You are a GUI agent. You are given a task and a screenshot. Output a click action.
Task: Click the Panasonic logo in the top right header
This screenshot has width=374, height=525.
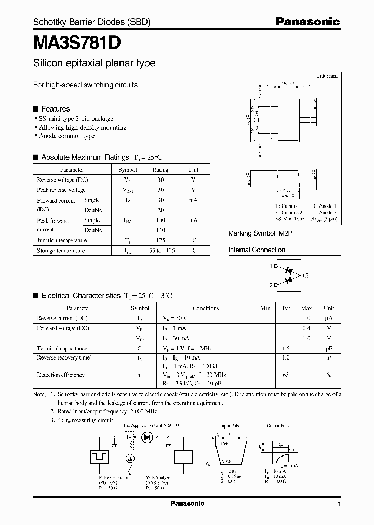click(307, 22)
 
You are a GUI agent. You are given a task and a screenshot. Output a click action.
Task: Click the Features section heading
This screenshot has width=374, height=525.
click(55, 109)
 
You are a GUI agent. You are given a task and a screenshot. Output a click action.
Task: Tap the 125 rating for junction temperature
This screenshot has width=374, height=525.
click(161, 240)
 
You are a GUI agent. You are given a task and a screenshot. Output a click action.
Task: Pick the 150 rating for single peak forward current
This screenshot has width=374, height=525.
click(161, 220)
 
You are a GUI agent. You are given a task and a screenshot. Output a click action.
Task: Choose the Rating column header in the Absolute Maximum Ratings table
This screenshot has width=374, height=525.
click(161, 170)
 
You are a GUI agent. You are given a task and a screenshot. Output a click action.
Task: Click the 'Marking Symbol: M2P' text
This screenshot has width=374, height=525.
click(260, 234)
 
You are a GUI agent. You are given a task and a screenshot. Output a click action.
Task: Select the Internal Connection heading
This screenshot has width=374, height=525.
click(257, 250)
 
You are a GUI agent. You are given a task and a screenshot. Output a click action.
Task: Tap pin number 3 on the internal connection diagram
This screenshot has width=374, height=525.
click(307, 275)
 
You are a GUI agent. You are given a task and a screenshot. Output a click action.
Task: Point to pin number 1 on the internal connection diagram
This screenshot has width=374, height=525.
click(271, 266)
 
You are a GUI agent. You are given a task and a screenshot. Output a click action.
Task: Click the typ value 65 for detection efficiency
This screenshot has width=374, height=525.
click(286, 375)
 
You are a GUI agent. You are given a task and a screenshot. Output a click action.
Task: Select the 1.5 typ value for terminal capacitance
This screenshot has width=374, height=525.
click(286, 348)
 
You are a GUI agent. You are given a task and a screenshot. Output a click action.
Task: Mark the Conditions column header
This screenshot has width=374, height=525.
click(206, 308)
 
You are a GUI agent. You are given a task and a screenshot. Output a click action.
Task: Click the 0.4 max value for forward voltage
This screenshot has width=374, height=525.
click(306, 328)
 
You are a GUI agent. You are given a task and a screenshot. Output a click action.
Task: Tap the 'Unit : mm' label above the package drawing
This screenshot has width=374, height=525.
click(327, 76)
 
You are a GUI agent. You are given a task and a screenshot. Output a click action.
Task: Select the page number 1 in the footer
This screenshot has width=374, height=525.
click(339, 504)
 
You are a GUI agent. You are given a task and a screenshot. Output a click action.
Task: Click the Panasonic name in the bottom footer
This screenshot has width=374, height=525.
click(188, 504)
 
